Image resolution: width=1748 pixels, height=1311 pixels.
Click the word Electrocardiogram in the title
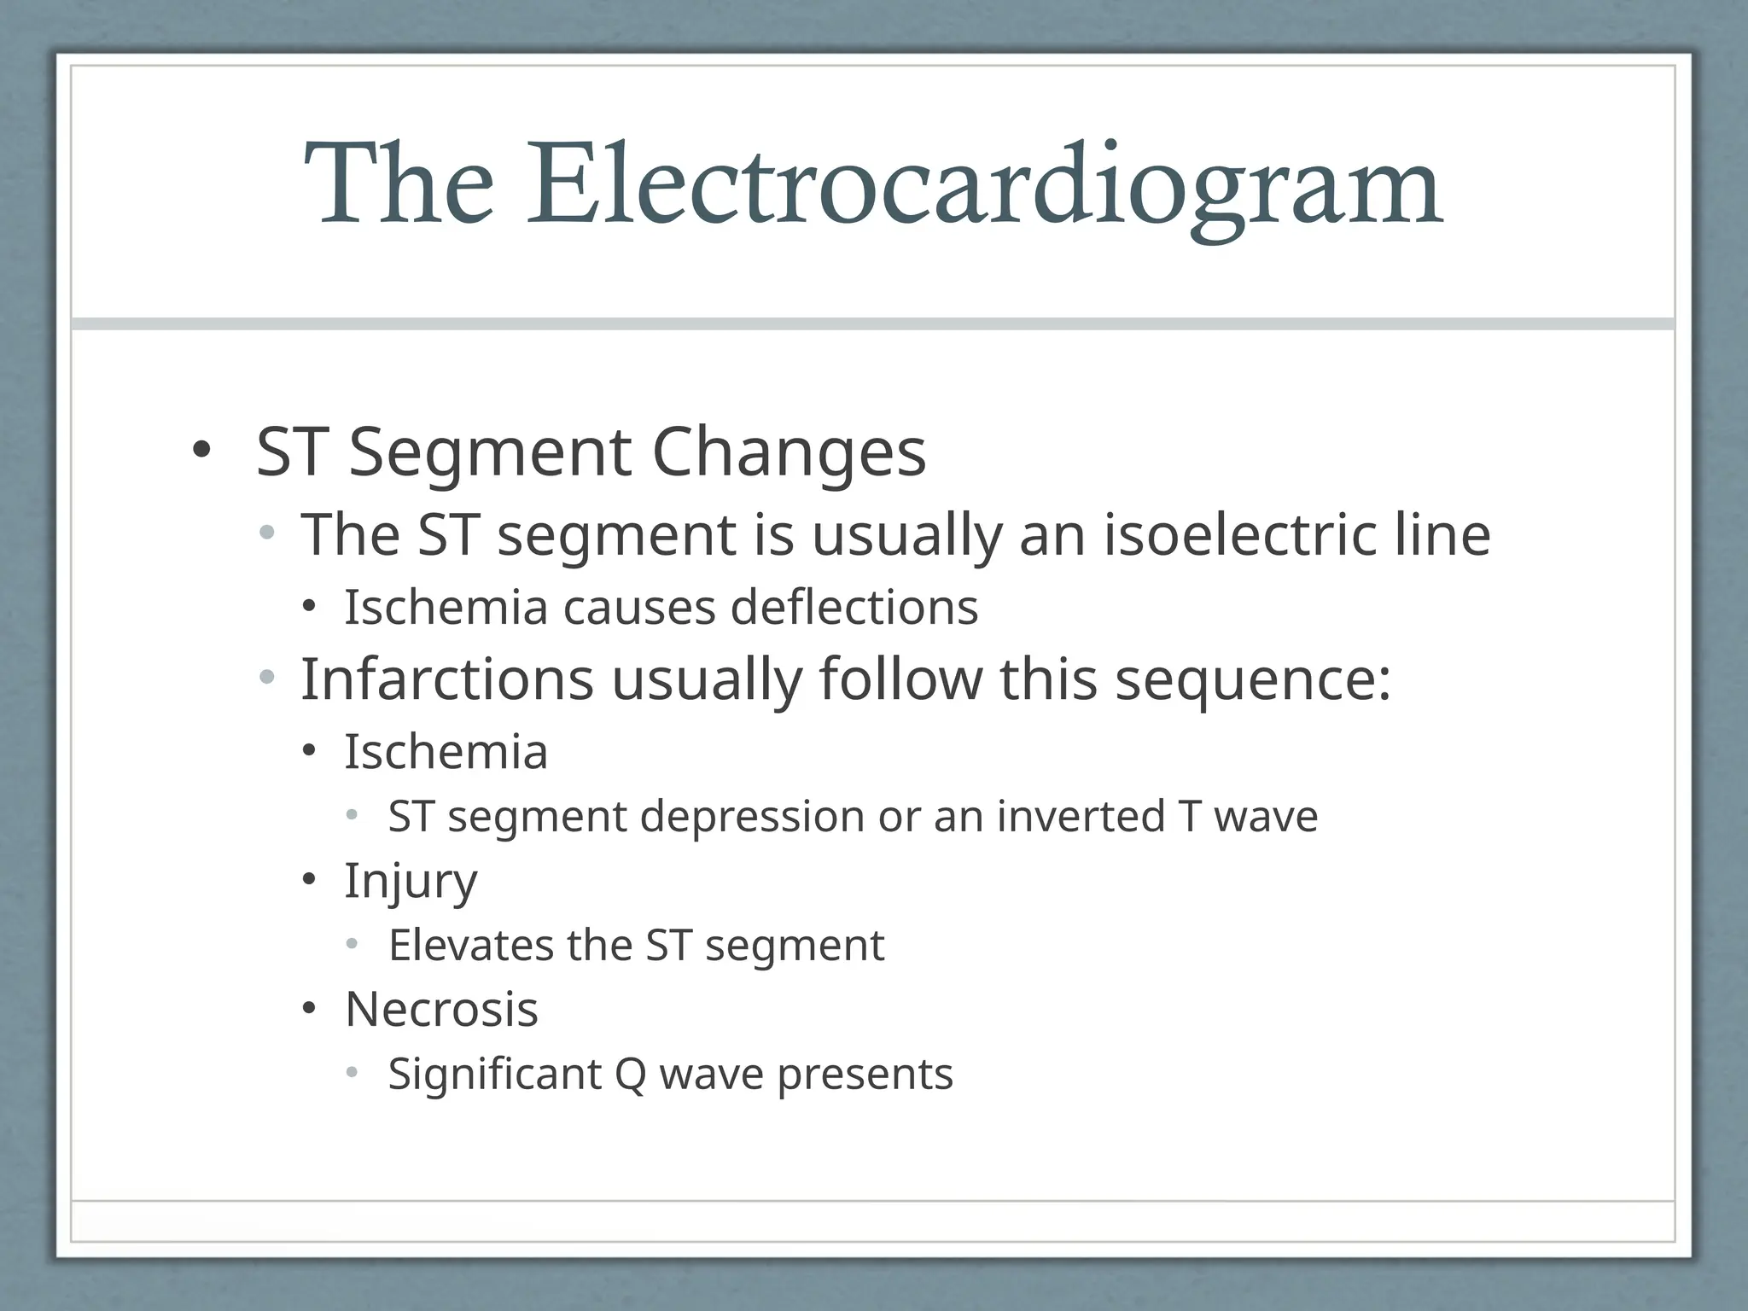pos(984,185)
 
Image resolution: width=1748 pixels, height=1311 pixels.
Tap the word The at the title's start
pos(399,185)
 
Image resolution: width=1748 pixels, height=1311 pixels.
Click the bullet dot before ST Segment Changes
pos(200,450)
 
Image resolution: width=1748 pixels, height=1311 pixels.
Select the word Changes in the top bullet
pos(789,452)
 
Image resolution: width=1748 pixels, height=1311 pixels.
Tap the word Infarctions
pos(447,679)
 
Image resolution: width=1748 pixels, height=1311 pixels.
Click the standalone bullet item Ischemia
pos(446,752)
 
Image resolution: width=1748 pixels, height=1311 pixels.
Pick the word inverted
pos(1081,816)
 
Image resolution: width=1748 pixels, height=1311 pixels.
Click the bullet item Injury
pos(411,882)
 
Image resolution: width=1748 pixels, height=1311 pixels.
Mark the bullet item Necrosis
pos(441,1010)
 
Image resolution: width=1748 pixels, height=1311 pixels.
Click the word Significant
pos(495,1075)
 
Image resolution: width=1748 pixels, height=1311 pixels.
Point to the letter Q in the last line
pos(630,1075)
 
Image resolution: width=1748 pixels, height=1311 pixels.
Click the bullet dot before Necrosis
pos(309,1010)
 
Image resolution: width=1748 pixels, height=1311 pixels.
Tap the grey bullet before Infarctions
pos(267,679)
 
